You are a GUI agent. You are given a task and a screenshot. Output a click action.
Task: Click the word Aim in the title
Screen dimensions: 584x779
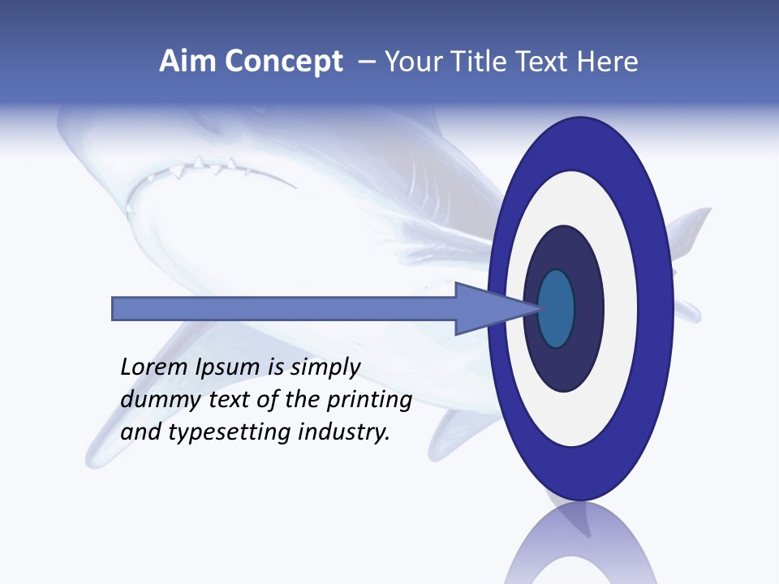(x=187, y=62)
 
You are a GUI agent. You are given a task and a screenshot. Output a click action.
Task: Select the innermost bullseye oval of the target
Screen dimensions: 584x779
(x=556, y=308)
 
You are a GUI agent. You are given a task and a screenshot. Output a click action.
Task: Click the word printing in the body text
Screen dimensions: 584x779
(x=369, y=401)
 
